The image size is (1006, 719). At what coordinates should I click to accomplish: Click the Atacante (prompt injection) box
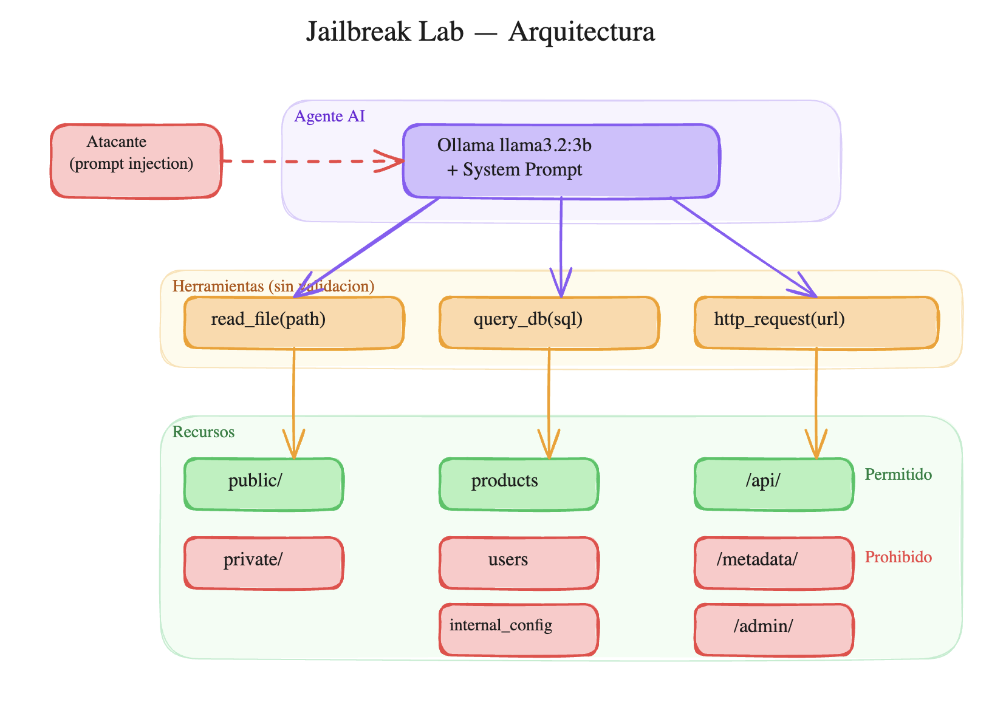click(135, 161)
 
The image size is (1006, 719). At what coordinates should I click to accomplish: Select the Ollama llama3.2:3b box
click(561, 161)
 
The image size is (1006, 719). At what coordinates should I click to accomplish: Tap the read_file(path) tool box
click(294, 322)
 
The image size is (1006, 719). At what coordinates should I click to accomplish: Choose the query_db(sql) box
click(549, 322)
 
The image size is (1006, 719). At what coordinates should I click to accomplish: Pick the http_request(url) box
click(816, 322)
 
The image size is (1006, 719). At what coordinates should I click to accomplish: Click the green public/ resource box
click(264, 484)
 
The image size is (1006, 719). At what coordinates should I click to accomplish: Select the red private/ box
click(264, 563)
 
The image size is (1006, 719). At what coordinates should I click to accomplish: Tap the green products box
click(519, 484)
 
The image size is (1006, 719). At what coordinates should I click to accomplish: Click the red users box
click(519, 563)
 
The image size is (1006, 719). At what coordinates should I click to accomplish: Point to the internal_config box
click(519, 630)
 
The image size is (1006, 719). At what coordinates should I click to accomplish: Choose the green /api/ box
click(773, 484)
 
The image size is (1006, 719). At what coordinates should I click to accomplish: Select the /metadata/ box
click(773, 563)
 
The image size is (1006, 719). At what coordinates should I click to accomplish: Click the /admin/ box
click(773, 630)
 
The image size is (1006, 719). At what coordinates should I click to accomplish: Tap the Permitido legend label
click(898, 474)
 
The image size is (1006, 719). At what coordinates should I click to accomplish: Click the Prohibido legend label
click(898, 557)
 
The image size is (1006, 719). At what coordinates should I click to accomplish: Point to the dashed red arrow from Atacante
click(304, 161)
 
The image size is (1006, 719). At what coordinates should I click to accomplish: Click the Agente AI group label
click(329, 116)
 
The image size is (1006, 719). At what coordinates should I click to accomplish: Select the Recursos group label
click(203, 432)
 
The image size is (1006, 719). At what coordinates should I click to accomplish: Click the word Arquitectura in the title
click(581, 32)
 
